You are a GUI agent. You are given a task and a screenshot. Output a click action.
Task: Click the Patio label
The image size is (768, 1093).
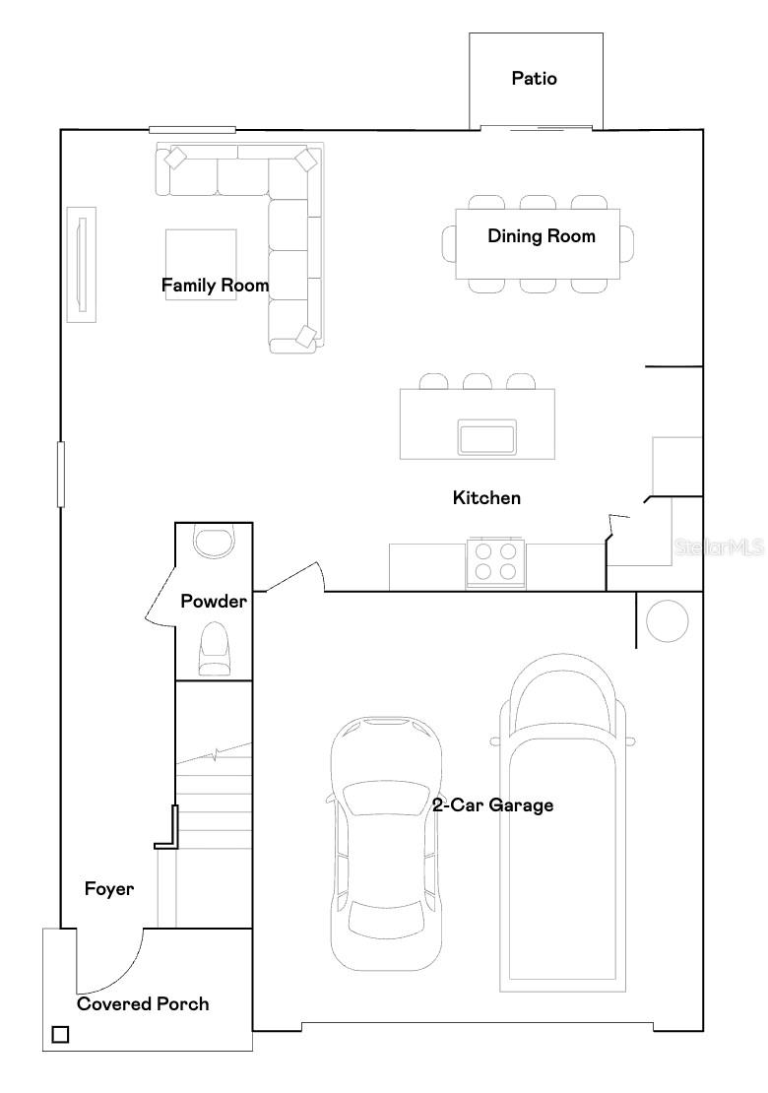point(534,78)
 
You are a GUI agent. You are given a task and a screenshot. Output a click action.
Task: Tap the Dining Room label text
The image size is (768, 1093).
point(541,236)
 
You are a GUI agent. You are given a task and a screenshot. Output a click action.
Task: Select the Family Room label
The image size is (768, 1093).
point(215,286)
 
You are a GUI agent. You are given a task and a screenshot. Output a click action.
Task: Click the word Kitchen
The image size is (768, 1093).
point(486,498)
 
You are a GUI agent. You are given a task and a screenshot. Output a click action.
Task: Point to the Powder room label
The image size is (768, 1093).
point(213,601)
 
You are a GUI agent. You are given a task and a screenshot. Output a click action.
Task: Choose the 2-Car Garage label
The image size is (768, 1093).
point(492,805)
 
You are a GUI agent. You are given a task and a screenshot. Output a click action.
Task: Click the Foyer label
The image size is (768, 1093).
point(108,889)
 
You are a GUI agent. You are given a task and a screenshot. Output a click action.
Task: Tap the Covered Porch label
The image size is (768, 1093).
point(143,1004)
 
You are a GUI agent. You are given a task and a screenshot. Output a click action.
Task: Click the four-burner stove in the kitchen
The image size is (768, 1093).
point(496,561)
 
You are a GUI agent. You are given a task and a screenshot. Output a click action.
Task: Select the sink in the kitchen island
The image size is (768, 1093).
point(487,436)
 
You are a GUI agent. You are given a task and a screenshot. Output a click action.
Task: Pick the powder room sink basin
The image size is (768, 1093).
point(214,541)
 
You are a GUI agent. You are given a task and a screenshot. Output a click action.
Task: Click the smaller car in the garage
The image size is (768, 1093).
point(385,842)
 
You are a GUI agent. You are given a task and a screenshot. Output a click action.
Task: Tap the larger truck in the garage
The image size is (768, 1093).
point(560,822)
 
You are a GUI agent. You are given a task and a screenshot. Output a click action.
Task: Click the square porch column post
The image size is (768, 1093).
point(60,1035)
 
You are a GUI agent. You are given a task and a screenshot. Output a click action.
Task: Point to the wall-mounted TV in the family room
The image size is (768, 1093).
point(81,263)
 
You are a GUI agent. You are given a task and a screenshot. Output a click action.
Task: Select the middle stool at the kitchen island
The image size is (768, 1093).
point(478,381)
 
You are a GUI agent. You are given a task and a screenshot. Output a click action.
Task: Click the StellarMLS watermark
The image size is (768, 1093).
point(719,546)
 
